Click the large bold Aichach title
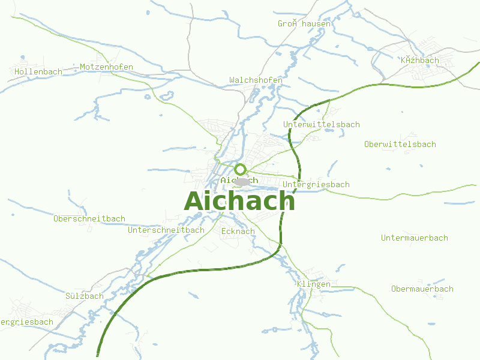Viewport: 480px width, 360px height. click(239, 201)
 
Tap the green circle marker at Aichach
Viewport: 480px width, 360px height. click(241, 169)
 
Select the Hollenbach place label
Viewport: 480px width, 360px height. click(38, 71)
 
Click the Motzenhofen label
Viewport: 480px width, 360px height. click(106, 67)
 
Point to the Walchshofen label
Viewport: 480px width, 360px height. click(256, 80)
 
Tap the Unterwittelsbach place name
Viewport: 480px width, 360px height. click(321, 124)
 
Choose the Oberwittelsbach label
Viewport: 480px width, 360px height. click(400, 144)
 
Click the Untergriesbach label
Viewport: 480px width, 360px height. click(316, 184)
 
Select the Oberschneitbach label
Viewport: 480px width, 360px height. click(89, 218)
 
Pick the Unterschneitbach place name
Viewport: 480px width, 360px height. click(166, 230)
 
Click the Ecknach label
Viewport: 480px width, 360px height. click(238, 231)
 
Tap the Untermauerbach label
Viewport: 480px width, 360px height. click(414, 238)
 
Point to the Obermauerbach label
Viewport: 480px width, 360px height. click(422, 289)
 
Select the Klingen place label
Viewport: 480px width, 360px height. click(313, 284)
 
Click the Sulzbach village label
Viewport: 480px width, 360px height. click(84, 296)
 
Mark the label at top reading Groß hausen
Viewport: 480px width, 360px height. click(304, 24)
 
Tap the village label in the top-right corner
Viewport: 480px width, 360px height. click(419, 60)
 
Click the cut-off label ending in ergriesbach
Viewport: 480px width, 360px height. click(26, 322)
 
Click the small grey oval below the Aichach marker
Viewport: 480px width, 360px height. click(243, 181)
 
